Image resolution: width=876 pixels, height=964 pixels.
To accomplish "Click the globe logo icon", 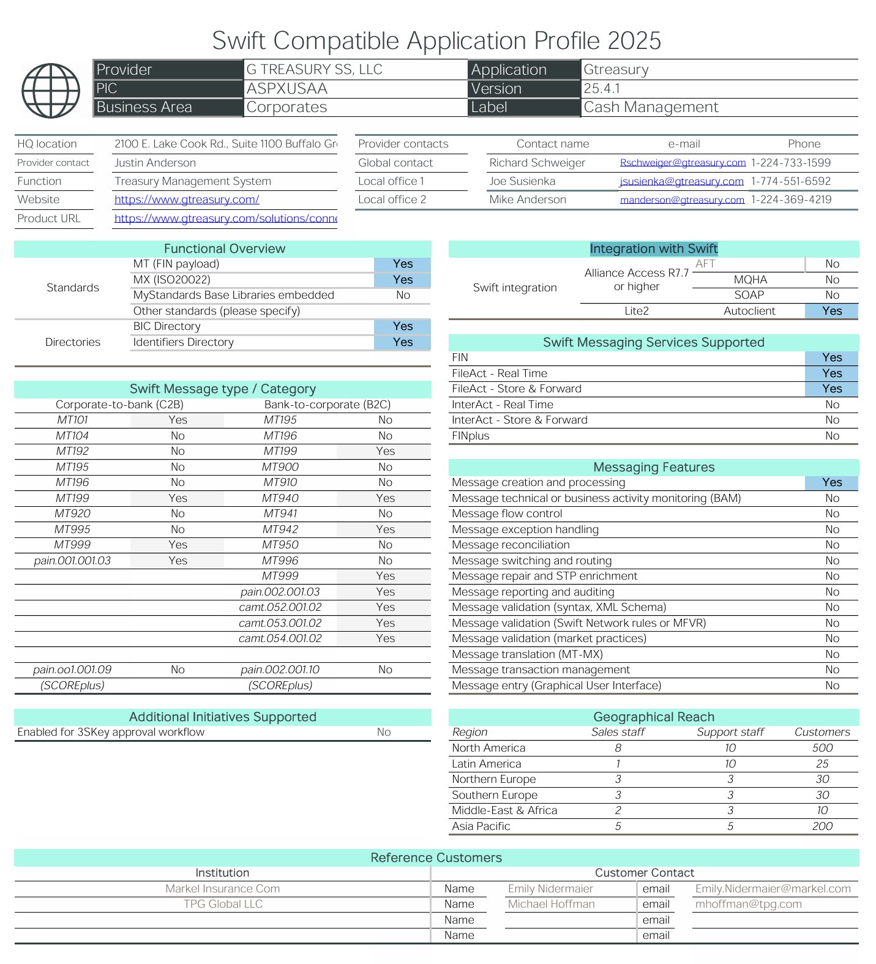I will pos(51,91).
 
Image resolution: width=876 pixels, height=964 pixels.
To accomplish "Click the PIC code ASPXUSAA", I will pos(286,89).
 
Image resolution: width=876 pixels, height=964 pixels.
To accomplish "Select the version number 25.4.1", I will pos(601,89).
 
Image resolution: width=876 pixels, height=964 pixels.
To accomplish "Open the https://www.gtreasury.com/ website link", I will pos(187,200).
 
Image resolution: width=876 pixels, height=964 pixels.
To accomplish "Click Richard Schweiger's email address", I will pos(683,163).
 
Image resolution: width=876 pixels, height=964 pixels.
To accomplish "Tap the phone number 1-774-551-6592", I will pos(790,181).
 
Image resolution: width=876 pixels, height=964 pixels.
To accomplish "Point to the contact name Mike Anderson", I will pos(527,200).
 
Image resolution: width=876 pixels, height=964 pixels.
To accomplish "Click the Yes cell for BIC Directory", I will pos(402,326).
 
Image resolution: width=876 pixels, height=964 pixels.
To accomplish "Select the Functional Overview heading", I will pos(224,248).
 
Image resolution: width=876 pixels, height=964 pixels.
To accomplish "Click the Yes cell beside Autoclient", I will pos(831,311).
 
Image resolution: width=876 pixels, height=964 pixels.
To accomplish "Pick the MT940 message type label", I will pos(280,498).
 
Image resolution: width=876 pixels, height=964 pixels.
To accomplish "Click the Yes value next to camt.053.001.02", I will pos(385,623).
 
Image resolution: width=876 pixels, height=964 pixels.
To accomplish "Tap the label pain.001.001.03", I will pos(72,561).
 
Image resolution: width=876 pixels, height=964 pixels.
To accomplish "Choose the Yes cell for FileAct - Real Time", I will pos(831,373).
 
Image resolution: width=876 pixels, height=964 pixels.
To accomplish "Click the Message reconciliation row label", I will pos(511,545).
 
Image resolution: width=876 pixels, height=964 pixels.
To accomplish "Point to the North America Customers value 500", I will pos(822,748).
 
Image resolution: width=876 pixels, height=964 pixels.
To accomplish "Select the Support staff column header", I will pos(730,732).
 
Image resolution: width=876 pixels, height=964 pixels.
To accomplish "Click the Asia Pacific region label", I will pos(481,826).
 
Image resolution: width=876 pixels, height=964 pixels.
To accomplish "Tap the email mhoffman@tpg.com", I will pos(748,904).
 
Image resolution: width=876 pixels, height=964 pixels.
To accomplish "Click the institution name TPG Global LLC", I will pos(223,904).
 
